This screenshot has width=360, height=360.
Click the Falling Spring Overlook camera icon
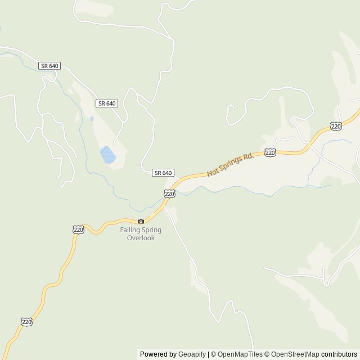tap(141, 221)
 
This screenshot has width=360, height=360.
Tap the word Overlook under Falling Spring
tap(141, 238)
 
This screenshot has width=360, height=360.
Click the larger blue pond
tap(107, 154)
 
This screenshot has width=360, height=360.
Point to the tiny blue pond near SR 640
tap(91, 119)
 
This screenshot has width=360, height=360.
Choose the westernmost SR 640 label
tap(49, 66)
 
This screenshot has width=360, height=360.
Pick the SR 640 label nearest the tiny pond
tap(107, 103)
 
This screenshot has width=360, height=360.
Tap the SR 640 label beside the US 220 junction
tap(163, 173)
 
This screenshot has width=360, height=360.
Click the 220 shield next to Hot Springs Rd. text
tap(270, 152)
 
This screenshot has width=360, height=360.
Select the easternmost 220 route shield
tap(336, 127)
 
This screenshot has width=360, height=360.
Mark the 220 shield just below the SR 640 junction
tap(170, 193)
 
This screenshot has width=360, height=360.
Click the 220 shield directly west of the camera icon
tap(78, 229)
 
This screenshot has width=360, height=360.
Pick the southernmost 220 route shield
tap(26, 321)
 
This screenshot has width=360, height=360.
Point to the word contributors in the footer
tap(339, 354)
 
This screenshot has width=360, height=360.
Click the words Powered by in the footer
tap(158, 354)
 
